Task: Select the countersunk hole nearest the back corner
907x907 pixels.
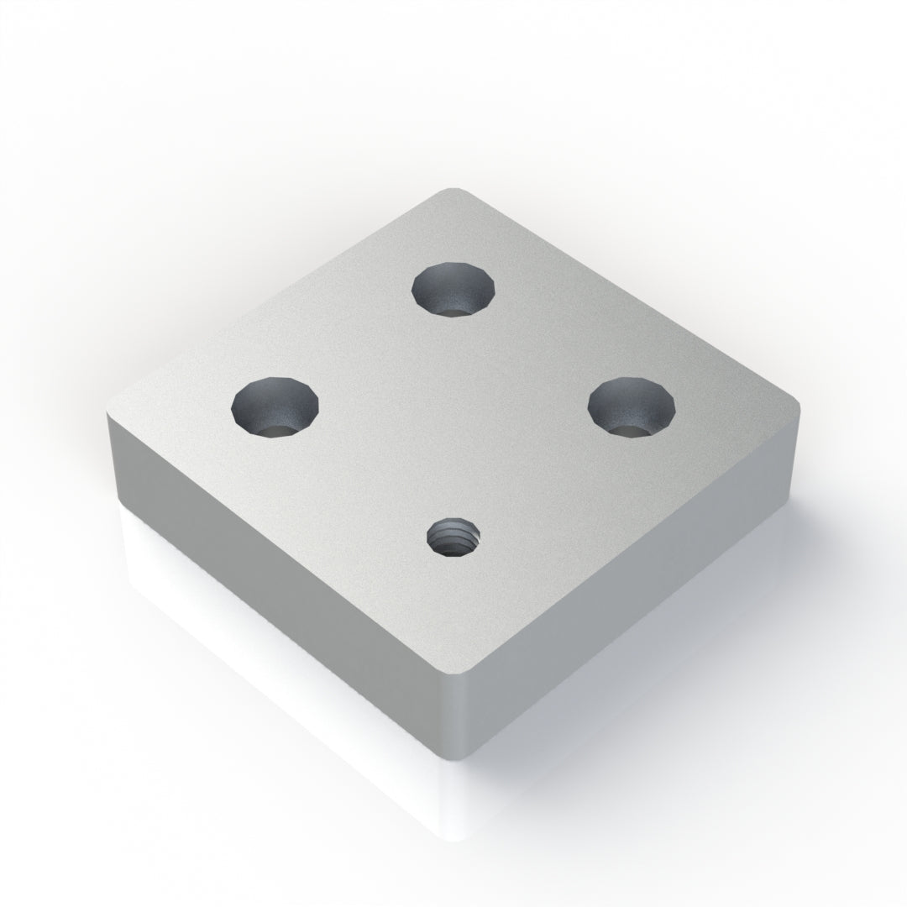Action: pos(453,289)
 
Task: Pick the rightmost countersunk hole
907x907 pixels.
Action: pos(632,406)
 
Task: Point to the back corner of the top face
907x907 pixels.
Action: pos(454,191)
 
